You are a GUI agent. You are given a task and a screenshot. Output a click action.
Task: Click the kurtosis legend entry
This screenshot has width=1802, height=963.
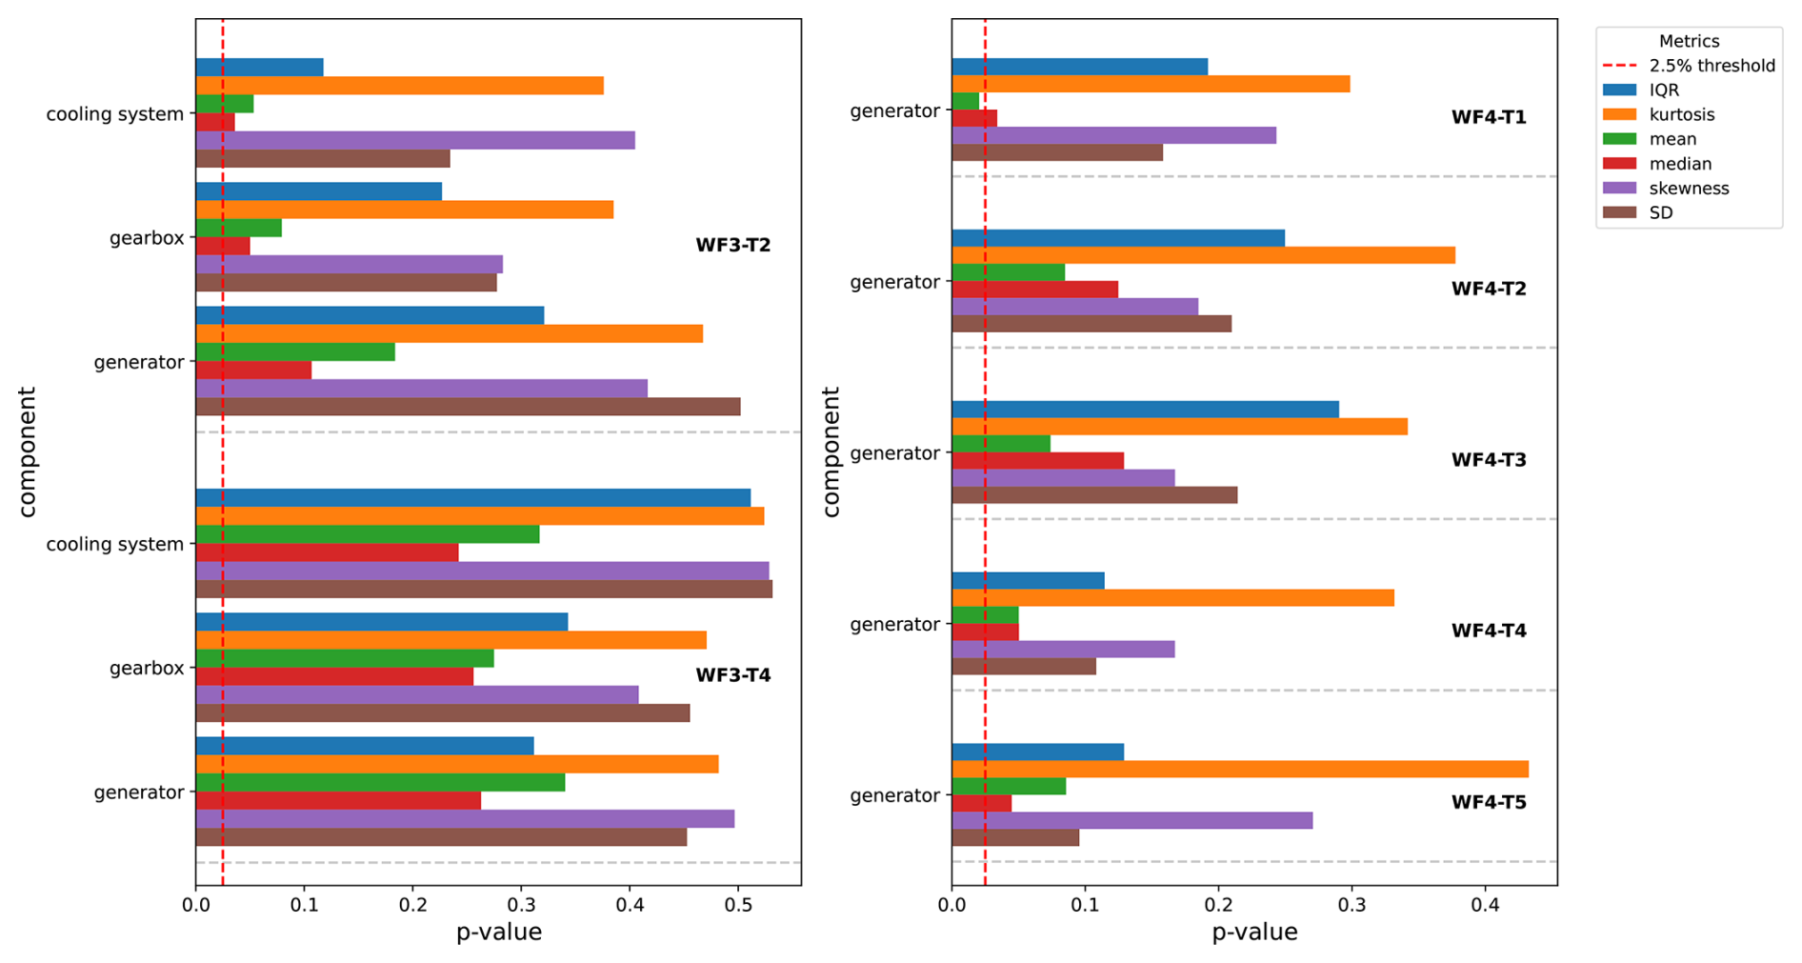(1681, 114)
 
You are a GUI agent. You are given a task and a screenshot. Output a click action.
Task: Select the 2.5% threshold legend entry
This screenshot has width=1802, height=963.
(1712, 66)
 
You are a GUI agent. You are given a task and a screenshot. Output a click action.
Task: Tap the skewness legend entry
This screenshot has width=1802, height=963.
(1688, 189)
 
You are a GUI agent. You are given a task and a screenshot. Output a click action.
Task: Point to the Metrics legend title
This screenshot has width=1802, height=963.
(1689, 41)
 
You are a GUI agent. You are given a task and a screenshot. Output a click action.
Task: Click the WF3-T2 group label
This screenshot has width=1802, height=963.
(732, 245)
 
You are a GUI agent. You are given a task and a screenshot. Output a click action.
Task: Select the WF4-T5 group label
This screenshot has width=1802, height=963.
(1488, 802)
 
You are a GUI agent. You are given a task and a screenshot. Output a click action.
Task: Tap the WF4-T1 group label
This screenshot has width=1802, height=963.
(1488, 117)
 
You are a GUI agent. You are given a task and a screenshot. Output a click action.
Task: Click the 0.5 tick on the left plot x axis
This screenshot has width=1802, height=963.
(737, 902)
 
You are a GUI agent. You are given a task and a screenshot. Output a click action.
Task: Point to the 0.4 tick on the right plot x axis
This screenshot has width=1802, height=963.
(1485, 902)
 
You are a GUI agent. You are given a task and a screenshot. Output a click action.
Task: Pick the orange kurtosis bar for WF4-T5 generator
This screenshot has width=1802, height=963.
(1238, 770)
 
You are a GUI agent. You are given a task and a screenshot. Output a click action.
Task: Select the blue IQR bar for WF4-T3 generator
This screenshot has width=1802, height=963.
(1144, 410)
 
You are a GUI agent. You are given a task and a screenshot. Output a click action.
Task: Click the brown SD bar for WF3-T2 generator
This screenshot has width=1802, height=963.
(467, 407)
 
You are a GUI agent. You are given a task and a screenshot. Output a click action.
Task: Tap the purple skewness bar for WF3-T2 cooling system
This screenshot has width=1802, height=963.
(414, 140)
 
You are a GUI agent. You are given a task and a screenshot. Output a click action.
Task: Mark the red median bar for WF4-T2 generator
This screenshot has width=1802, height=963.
(1033, 290)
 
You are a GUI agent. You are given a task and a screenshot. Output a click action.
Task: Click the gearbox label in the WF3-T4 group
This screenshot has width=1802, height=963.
(147, 668)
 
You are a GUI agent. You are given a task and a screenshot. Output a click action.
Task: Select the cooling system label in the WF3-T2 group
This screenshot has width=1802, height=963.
(114, 114)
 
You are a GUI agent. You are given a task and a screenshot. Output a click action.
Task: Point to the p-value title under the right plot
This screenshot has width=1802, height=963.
(1253, 932)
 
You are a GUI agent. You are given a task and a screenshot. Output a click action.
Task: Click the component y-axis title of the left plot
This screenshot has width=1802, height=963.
(27, 451)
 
